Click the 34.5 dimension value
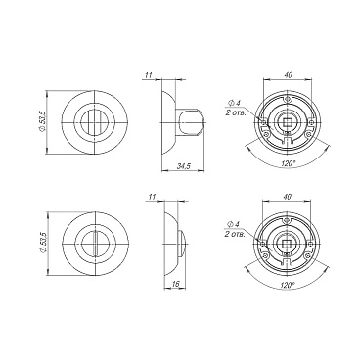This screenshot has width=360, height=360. [184, 166]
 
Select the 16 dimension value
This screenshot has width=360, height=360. [175, 284]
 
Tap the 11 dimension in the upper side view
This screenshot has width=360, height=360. [149, 75]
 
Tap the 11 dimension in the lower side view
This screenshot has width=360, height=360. [152, 197]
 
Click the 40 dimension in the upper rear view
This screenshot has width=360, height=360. [288, 74]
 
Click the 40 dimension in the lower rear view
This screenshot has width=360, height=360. [287, 197]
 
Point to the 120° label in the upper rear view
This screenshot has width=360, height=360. [287, 164]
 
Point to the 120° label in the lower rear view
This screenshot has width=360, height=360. [287, 285]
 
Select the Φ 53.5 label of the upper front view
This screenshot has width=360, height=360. [42, 122]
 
